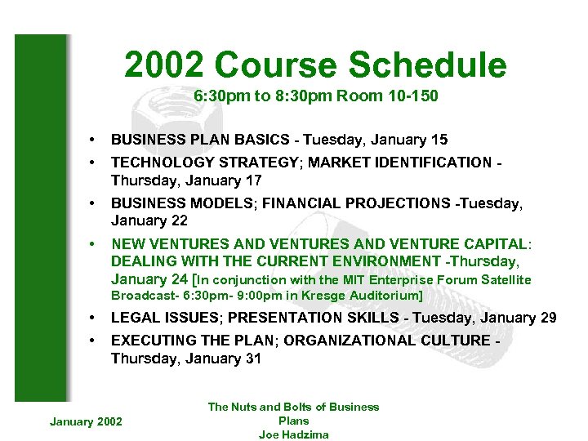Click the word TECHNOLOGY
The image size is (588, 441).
(x=158, y=162)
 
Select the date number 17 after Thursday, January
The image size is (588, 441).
(x=252, y=180)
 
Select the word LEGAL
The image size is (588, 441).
(x=134, y=318)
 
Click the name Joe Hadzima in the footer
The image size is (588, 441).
(x=293, y=434)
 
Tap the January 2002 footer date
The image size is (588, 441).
(x=86, y=421)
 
